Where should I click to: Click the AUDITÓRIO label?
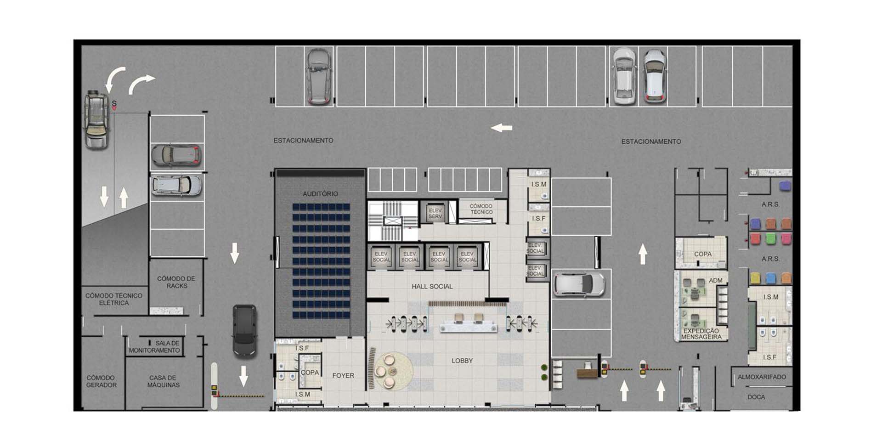tap(320, 194)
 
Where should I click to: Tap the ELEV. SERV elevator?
tap(435, 213)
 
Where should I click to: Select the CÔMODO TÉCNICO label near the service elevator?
tap(481, 209)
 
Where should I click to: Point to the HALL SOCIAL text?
tap(432, 286)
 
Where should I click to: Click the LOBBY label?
tap(462, 361)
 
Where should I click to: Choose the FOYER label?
tap(343, 375)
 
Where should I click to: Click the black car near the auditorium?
tap(244, 331)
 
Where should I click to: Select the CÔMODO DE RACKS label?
tap(176, 282)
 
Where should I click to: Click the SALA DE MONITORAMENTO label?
tap(154, 347)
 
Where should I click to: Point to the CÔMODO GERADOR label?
tap(101, 381)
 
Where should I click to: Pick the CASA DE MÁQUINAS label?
tap(163, 381)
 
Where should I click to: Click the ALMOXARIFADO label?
tap(762, 377)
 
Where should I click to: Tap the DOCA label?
tap(756, 397)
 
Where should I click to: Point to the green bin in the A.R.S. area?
tap(771, 238)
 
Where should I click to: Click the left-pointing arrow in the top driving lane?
tap(501, 128)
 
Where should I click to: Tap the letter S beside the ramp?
tap(114, 104)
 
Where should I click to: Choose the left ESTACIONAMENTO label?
tap(303, 140)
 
